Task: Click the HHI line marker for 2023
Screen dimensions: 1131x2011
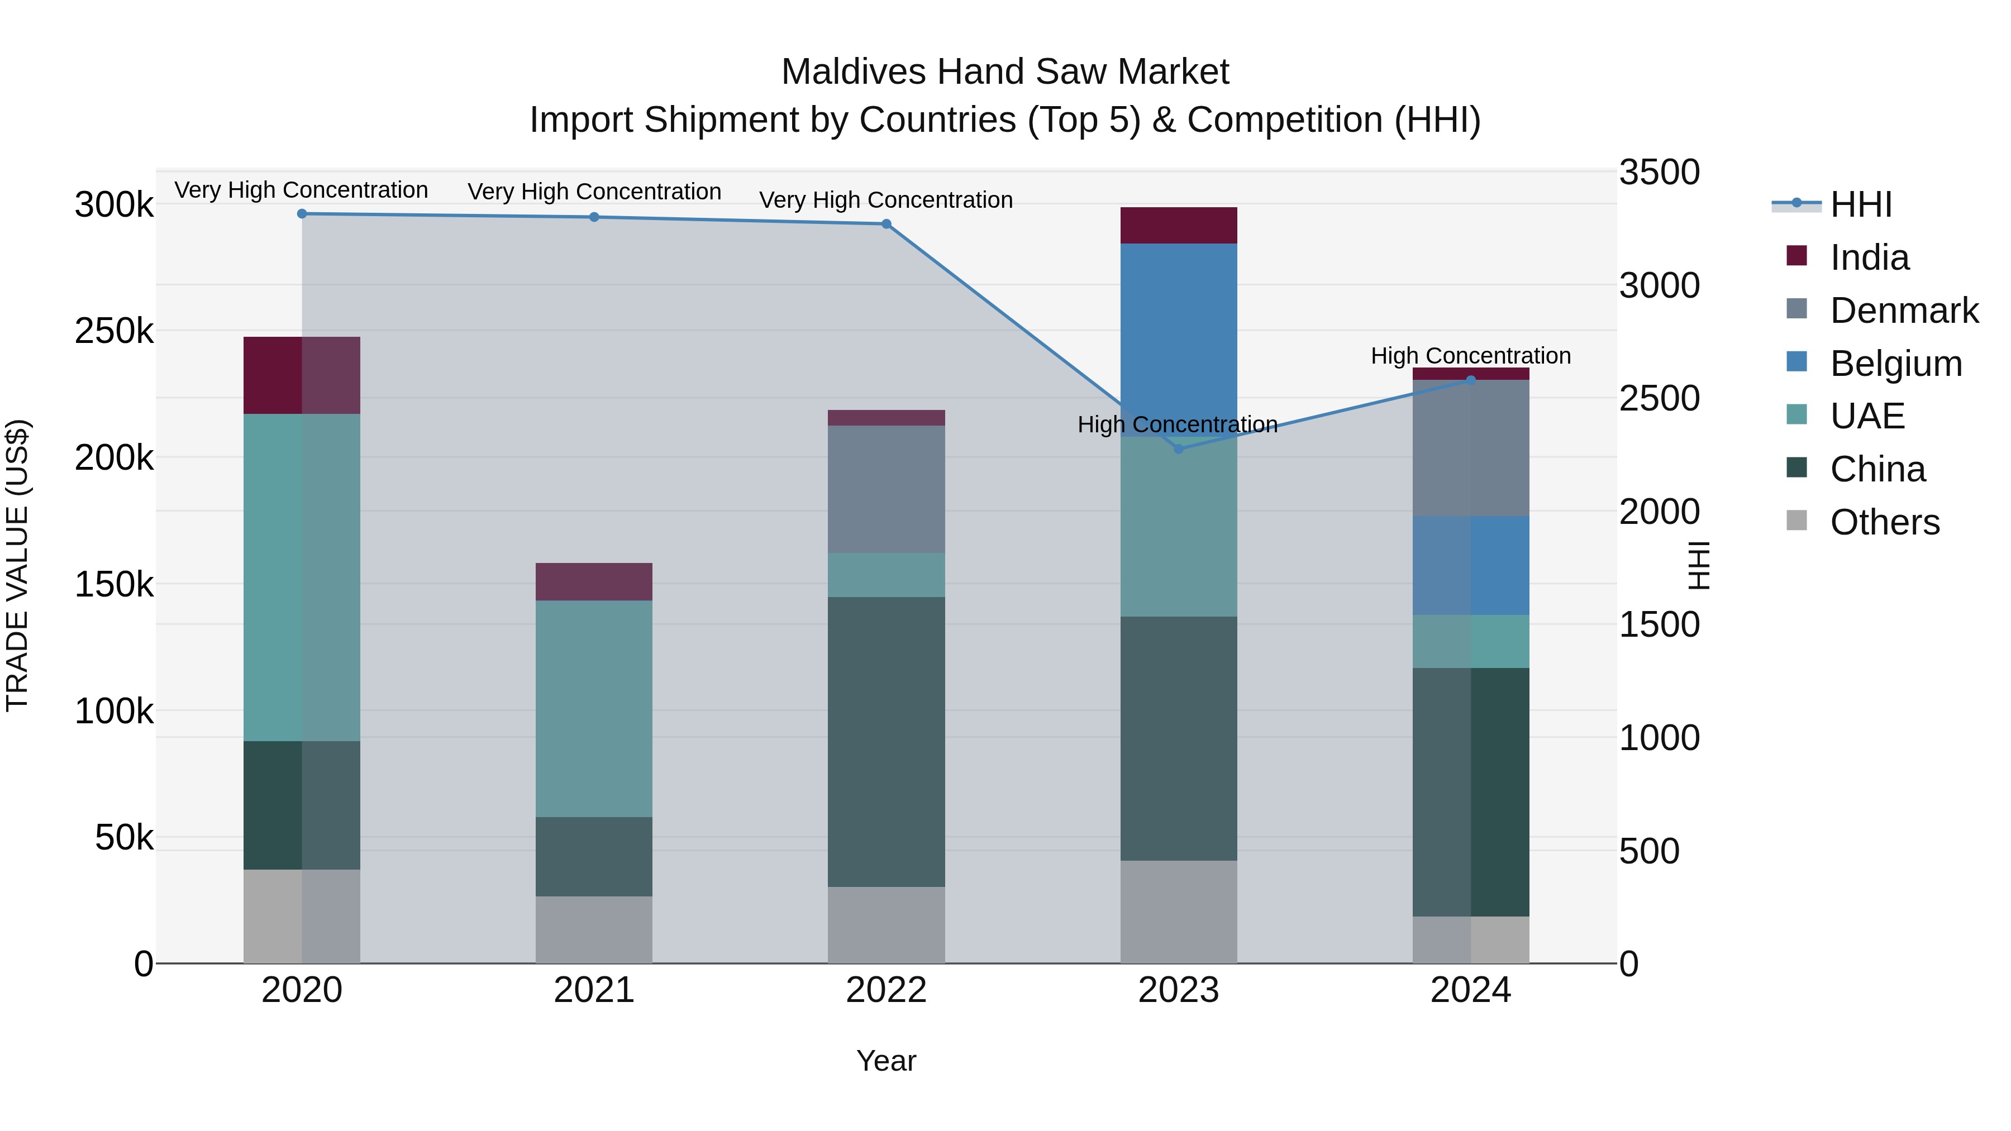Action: [1179, 449]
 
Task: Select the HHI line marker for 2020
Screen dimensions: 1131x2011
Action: [302, 213]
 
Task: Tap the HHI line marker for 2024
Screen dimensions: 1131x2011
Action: [1471, 380]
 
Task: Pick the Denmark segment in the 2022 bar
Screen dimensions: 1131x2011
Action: [886, 489]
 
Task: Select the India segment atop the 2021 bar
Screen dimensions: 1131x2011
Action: [594, 581]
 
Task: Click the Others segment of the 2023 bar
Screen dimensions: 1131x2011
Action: [1179, 911]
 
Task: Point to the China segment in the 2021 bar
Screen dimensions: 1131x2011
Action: [594, 856]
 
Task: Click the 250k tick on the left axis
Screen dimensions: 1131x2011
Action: [114, 331]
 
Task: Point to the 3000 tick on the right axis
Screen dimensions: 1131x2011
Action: [1659, 285]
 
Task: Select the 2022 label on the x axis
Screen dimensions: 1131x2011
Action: [886, 990]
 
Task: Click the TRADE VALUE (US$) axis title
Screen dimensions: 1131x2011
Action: [18, 565]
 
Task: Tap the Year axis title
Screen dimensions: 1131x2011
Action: [886, 1061]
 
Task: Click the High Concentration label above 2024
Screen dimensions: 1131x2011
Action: [1471, 356]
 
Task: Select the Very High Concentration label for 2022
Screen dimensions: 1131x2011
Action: [886, 200]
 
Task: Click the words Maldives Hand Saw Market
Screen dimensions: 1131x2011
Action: [1005, 72]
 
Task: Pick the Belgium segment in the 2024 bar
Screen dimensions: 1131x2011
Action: [1471, 565]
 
